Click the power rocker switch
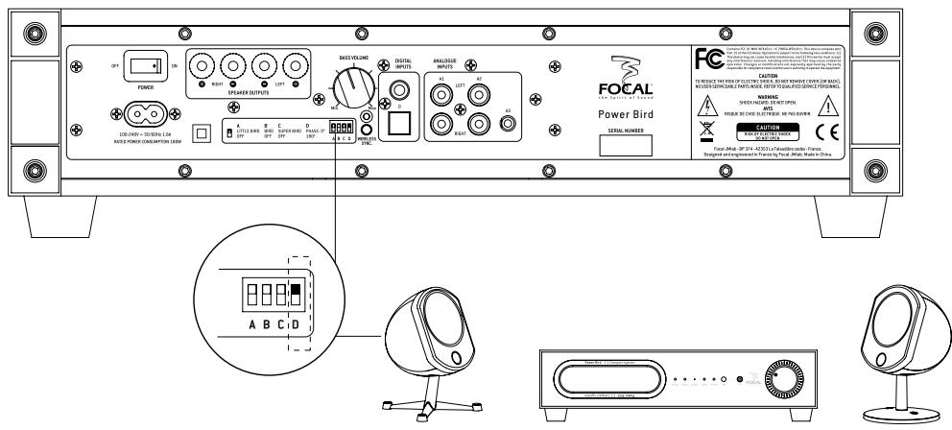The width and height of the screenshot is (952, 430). (147, 66)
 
